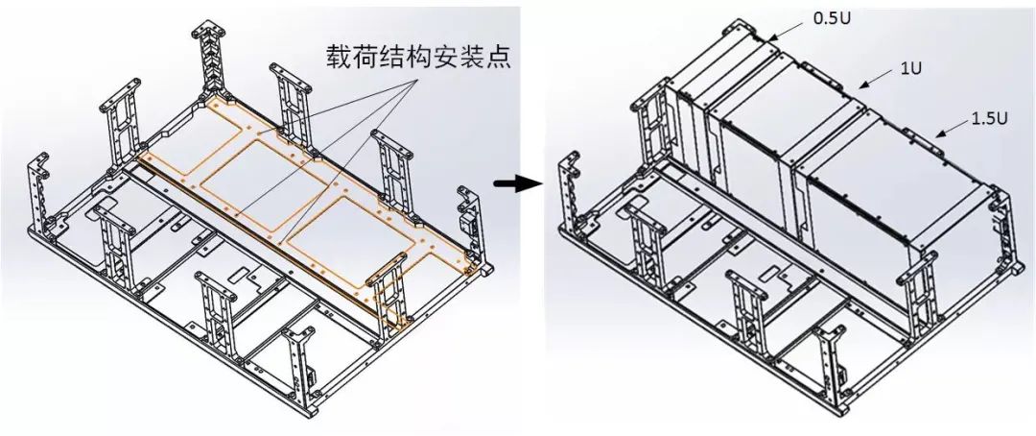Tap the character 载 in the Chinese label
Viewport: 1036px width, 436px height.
[333, 56]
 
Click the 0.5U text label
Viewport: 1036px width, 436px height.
[831, 17]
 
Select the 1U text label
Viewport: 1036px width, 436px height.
[912, 69]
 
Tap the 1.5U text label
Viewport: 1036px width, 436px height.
[989, 118]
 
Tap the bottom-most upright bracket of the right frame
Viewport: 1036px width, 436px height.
[831, 360]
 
